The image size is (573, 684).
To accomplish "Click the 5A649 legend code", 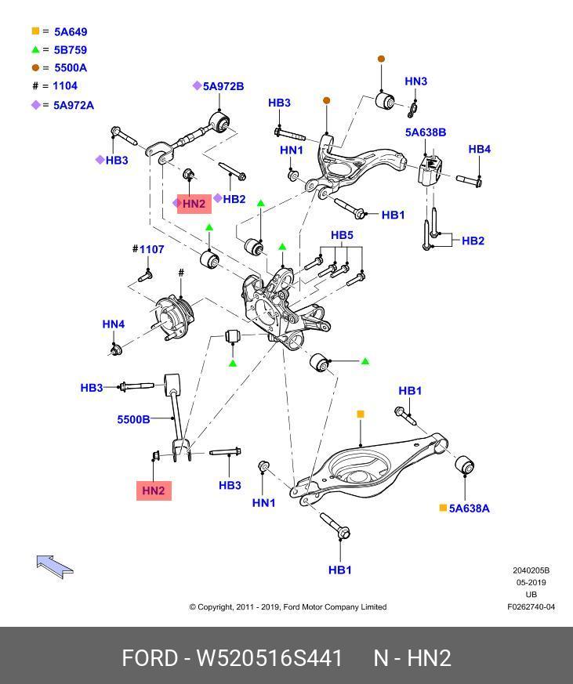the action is [x=71, y=32].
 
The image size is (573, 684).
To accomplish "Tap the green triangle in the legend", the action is [x=36, y=49].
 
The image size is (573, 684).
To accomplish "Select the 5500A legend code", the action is [x=71, y=68].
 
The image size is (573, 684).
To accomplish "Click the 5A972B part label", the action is [x=223, y=86].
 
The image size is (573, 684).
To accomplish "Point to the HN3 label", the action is [x=416, y=81].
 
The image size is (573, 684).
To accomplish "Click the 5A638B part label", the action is [x=426, y=132].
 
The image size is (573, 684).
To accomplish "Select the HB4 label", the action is [x=479, y=149].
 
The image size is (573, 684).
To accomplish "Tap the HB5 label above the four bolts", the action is [x=342, y=235].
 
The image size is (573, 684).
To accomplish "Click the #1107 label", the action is [x=148, y=249].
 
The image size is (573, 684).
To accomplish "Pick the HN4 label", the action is [x=114, y=324].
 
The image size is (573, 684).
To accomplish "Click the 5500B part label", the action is [x=133, y=420].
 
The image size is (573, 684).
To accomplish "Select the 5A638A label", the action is [x=469, y=508].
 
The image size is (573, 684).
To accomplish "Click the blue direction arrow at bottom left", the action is [x=55, y=566].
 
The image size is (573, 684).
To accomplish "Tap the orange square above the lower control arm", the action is [x=361, y=414].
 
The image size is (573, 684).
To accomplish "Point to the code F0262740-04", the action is [x=531, y=606].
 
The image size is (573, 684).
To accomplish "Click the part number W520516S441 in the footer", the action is [x=270, y=658].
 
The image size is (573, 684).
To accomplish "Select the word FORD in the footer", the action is [x=150, y=658].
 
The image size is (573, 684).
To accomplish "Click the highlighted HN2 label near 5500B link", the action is [x=154, y=490].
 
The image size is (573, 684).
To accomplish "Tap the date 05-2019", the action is [x=531, y=582].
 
